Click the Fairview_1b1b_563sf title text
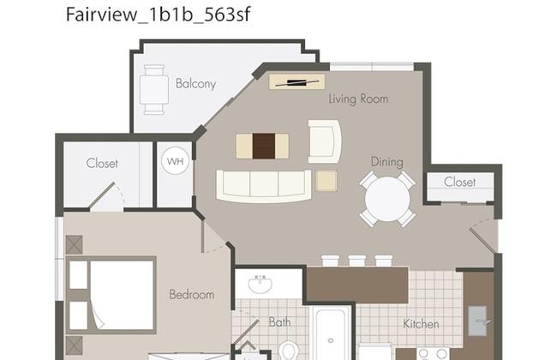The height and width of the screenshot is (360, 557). click(159, 15)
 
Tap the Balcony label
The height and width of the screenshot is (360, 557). click(195, 84)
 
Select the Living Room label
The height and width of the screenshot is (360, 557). click(358, 99)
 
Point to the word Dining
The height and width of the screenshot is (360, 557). click(386, 162)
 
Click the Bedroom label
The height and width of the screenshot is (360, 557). click(192, 294)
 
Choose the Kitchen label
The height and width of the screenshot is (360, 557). click(421, 324)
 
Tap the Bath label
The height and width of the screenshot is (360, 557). click(280, 322)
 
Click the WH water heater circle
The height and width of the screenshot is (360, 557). click(175, 161)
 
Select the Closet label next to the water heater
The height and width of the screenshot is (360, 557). click(102, 164)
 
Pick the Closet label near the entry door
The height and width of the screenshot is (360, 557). click(459, 182)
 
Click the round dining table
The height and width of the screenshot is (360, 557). click(387, 199)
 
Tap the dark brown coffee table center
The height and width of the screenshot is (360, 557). click(264, 146)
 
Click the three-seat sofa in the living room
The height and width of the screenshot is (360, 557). click(264, 186)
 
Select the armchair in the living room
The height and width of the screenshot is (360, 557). click(324, 141)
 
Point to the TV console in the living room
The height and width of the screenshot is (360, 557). click(297, 81)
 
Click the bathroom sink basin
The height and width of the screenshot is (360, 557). click(260, 284)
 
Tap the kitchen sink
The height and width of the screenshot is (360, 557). click(478, 321)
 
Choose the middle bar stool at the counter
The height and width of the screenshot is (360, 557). click(357, 261)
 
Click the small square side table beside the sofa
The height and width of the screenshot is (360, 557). click(326, 181)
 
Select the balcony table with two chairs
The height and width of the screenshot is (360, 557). click(154, 90)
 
